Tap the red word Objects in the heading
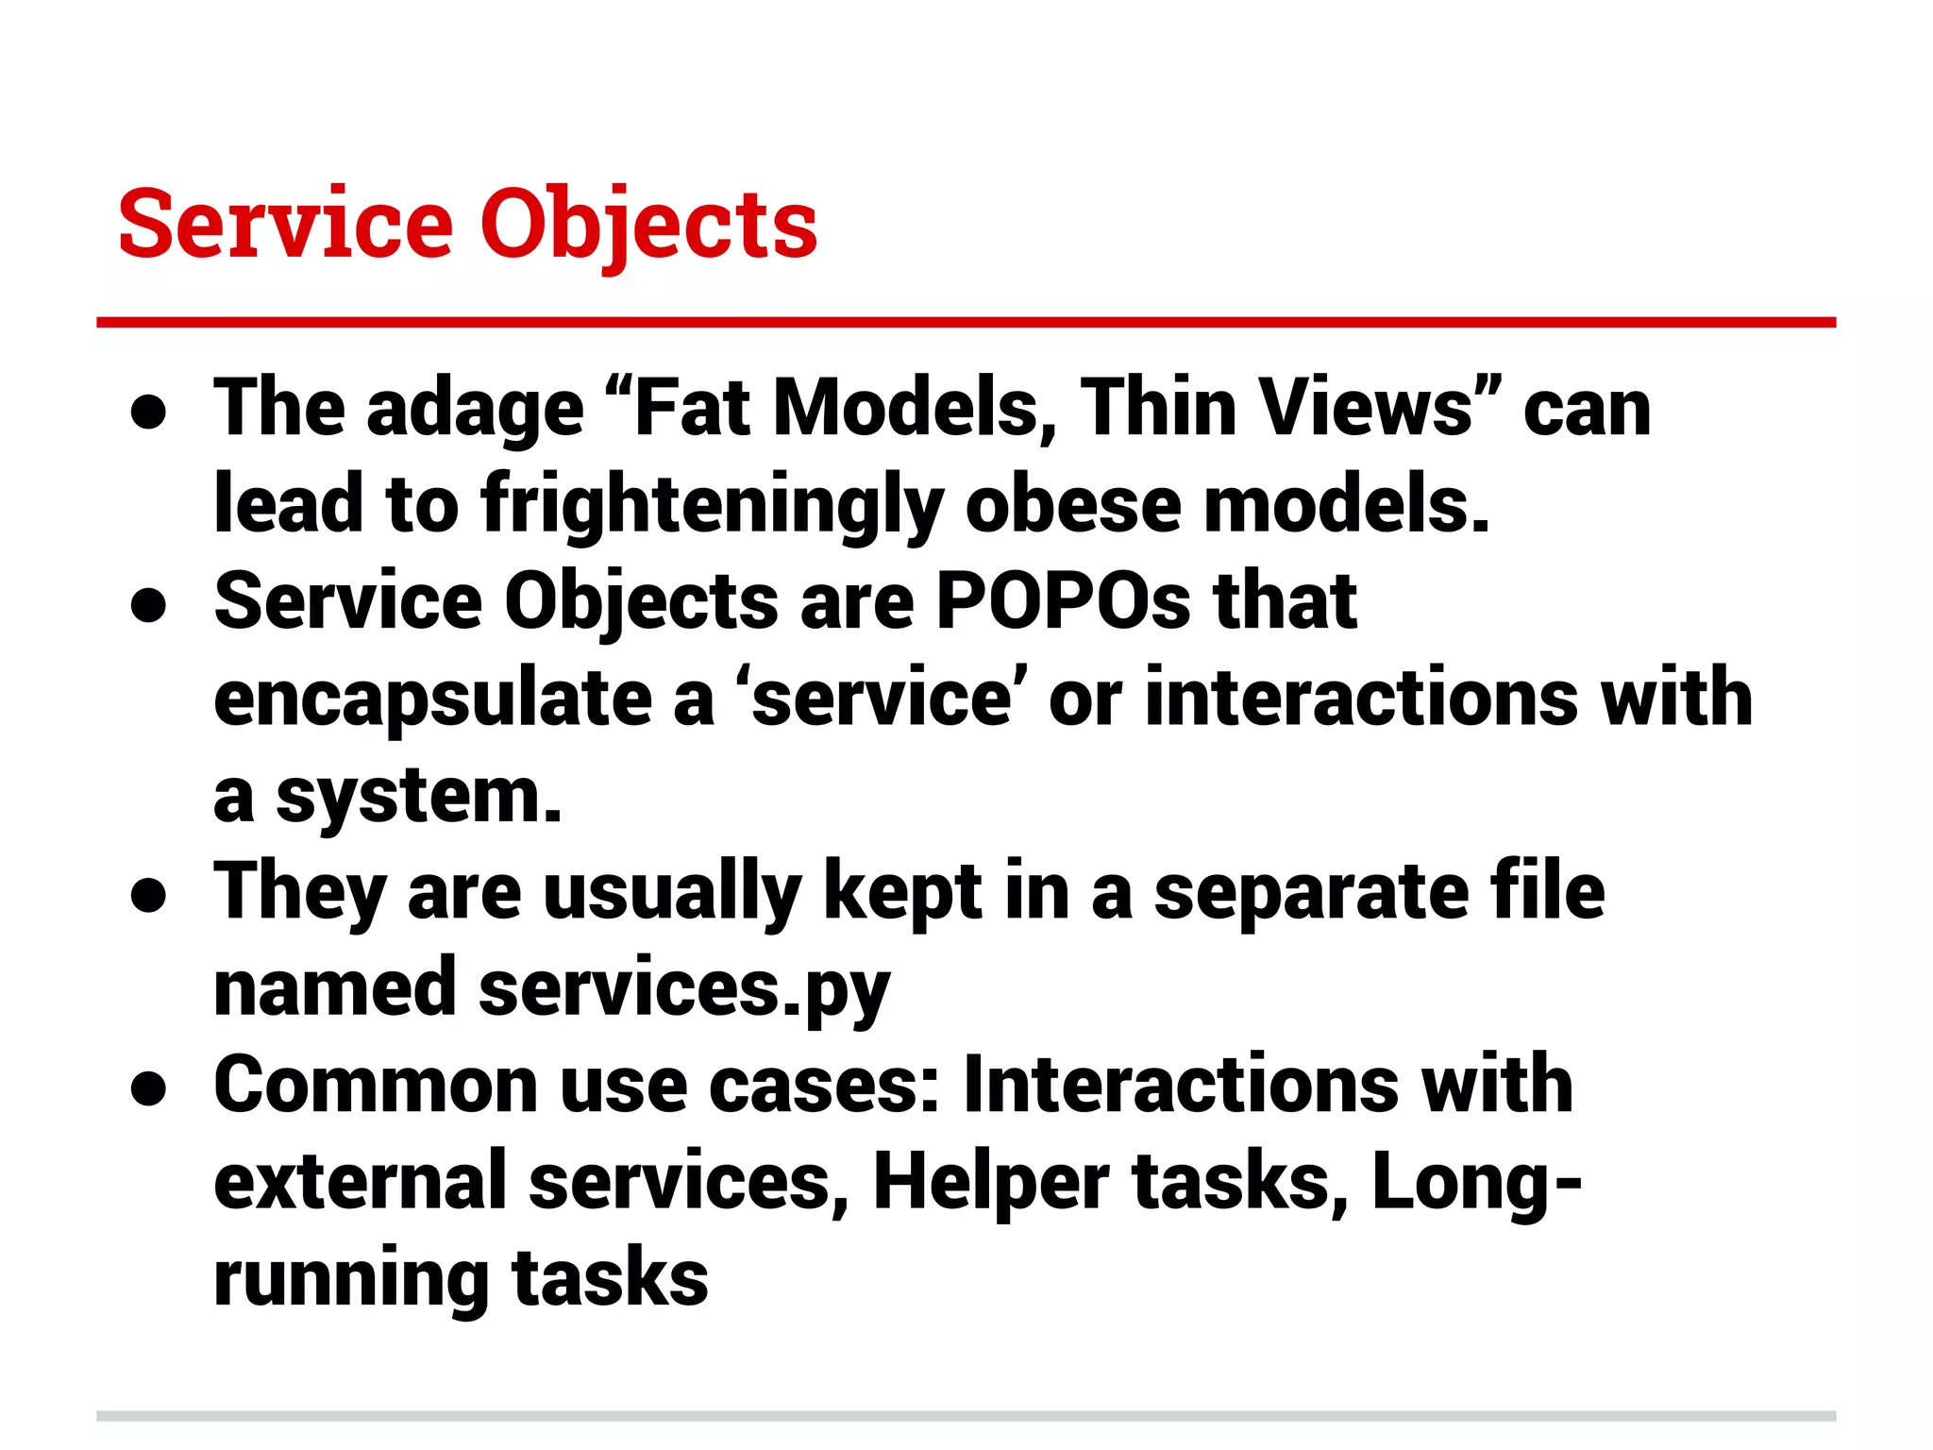648,227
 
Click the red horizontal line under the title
966,323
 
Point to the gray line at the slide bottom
966,1416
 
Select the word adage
475,412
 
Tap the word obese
1073,505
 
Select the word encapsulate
433,700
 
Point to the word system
419,798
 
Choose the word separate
1311,894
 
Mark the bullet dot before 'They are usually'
149,895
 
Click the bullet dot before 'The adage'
149,412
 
